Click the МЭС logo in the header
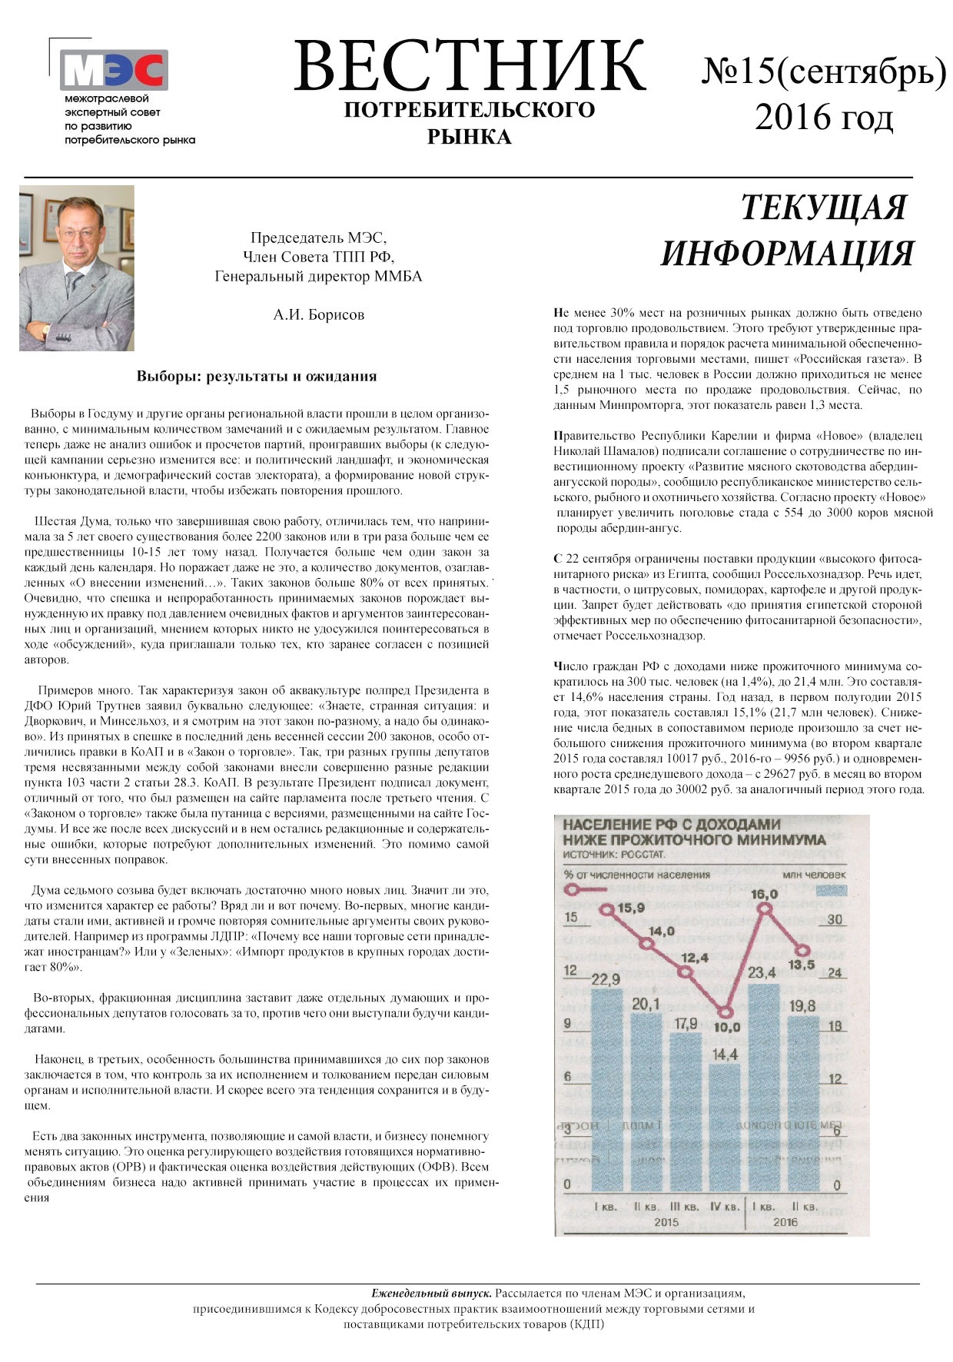coord(114,70)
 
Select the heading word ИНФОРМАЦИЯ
coord(788,254)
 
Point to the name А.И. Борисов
coord(318,314)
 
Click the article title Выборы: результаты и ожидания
coord(257,376)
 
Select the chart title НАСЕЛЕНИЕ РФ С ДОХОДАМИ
coord(671,825)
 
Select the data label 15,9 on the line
coord(632,909)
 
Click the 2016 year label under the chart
coord(785,1222)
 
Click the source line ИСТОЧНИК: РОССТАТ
coord(614,855)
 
